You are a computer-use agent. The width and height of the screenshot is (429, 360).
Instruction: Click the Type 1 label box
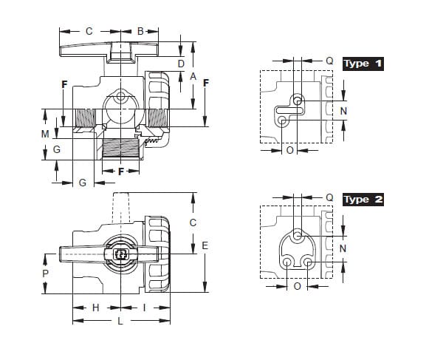pos(363,64)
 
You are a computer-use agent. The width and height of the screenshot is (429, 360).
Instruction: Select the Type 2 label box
pos(363,200)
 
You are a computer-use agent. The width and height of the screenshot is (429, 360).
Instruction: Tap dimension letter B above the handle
pos(140,31)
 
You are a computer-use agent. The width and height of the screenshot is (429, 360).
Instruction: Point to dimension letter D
pos(181,64)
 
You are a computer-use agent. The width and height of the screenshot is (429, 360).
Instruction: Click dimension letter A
pos(193,76)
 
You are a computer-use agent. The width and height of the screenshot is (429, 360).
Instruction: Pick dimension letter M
pos(45,134)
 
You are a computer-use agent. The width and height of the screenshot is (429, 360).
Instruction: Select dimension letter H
pos(95,308)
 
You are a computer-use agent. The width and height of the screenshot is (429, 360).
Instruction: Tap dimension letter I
pos(144,308)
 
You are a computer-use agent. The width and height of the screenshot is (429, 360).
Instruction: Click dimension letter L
pos(120,321)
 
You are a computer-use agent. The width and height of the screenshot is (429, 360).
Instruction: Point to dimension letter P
pos(46,274)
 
